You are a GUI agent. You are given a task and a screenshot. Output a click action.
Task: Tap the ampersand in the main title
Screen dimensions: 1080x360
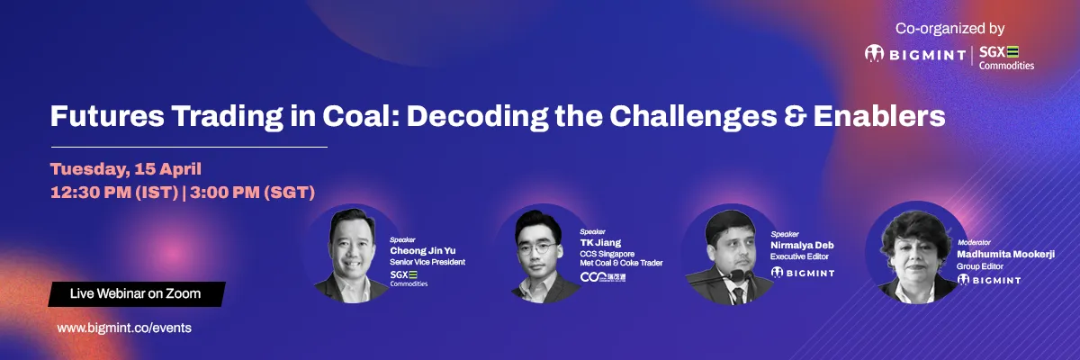795,116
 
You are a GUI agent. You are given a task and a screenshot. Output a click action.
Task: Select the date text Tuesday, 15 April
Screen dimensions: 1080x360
126,169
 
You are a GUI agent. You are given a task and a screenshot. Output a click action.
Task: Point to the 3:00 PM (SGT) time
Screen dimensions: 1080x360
252,193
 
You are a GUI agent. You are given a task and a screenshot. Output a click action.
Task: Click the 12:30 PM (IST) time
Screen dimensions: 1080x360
115,193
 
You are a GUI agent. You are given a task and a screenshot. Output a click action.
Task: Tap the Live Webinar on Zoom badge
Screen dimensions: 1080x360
137,294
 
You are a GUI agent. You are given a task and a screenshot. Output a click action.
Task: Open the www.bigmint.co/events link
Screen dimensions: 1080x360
124,328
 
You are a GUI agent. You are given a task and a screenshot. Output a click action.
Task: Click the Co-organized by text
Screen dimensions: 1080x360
949,29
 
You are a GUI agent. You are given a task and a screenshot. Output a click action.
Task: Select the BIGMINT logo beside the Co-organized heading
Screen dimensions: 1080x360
915,54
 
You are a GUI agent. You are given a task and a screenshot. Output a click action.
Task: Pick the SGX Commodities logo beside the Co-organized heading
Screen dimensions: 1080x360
1006,58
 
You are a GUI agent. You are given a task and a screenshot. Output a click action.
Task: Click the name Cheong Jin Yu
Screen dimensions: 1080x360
422,250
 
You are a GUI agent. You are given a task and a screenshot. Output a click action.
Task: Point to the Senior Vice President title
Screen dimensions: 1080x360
427,262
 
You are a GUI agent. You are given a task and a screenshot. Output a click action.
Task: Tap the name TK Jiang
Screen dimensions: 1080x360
600,242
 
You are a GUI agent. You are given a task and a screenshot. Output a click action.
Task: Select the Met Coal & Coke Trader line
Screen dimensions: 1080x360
621,263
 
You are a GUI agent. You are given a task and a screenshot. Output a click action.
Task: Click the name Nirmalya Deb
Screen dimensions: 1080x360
802,246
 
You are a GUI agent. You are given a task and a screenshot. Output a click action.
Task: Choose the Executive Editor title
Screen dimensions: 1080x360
799,256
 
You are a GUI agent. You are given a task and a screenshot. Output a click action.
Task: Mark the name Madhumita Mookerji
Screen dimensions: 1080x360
1006,254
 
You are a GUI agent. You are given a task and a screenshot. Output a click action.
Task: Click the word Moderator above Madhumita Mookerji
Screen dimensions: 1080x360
974,242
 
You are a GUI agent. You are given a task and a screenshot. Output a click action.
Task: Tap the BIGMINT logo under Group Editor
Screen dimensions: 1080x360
989,280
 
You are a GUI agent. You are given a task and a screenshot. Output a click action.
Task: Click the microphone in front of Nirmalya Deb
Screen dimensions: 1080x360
736,276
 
